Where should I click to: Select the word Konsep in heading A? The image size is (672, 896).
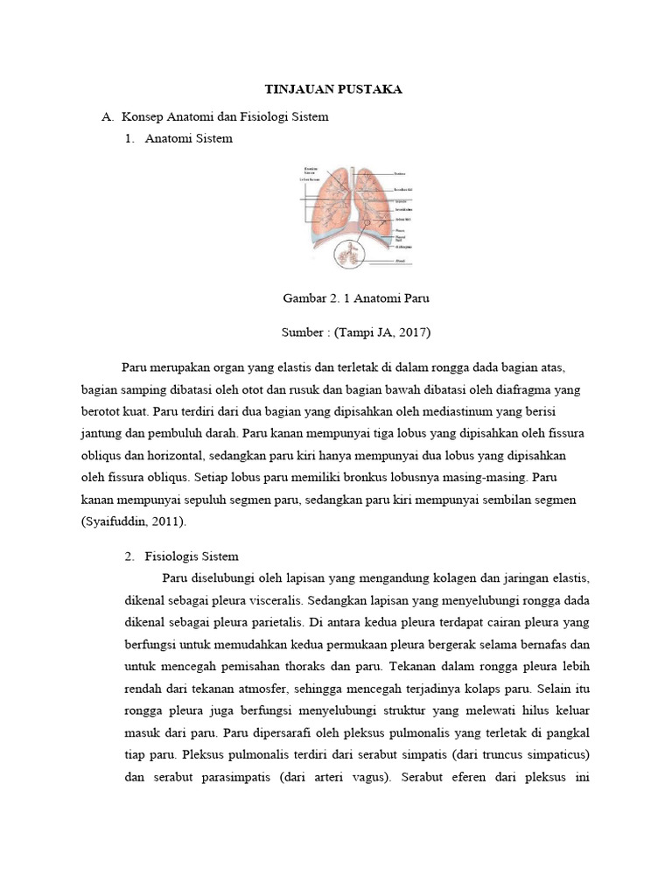click(x=141, y=116)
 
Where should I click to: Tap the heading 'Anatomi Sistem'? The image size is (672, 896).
click(x=188, y=138)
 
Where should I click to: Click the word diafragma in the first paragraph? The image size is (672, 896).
click(x=510, y=388)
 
